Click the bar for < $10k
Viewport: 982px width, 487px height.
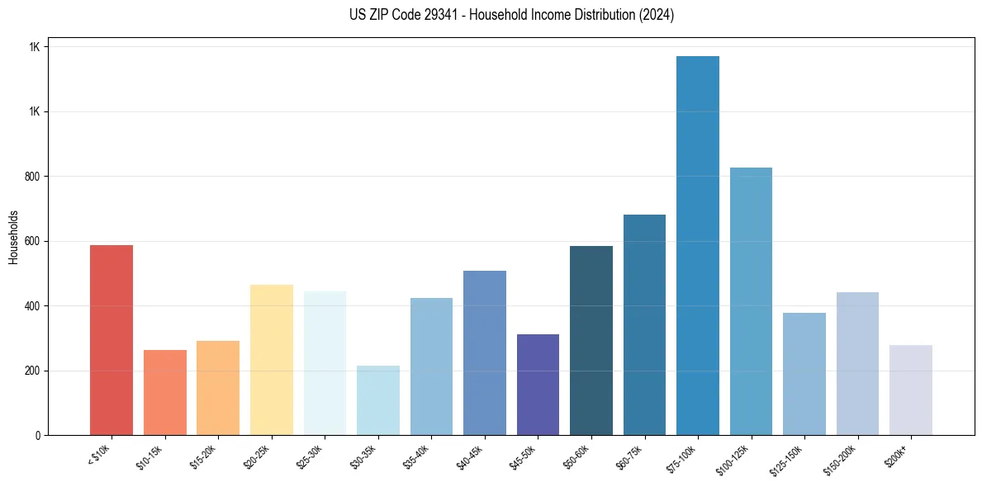[x=111, y=340]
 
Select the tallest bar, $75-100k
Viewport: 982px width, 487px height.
[x=698, y=246]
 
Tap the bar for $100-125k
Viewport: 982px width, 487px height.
[x=751, y=301]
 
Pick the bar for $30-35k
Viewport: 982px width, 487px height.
[x=378, y=400]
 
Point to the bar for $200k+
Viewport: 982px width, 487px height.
[x=911, y=390]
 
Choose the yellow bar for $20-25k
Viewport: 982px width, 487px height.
[x=272, y=360]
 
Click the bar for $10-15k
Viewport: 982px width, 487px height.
[x=165, y=393]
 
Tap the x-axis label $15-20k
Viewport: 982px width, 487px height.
[x=204, y=455]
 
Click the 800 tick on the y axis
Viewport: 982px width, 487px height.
[x=33, y=177]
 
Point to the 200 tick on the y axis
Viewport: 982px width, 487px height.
[x=33, y=371]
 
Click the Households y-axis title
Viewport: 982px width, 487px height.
[x=14, y=237]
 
